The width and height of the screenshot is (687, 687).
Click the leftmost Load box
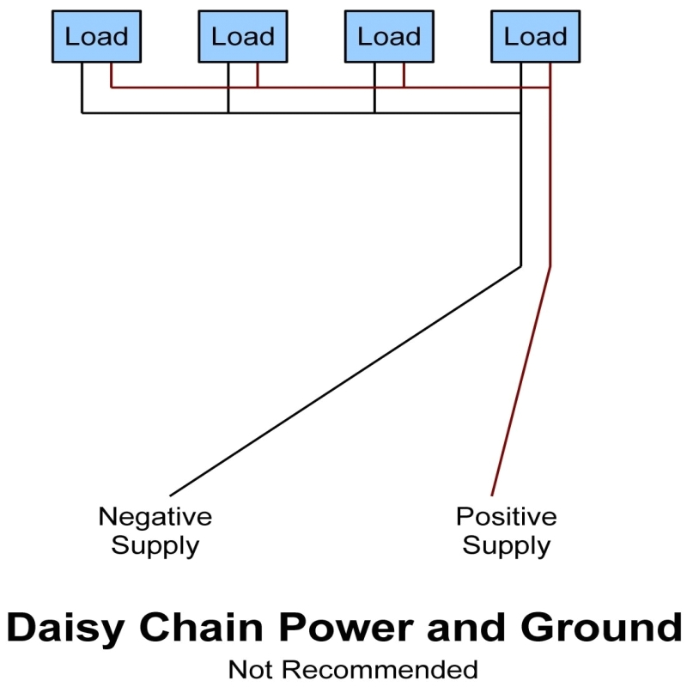coord(96,37)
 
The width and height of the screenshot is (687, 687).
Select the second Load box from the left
coord(242,37)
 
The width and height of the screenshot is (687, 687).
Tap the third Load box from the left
coord(388,37)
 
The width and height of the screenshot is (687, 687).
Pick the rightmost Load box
coord(534,37)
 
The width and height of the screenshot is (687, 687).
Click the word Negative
coord(155,517)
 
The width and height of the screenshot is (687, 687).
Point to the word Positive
coord(506,517)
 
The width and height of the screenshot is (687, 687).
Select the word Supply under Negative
coord(155,545)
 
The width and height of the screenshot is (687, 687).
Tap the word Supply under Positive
coord(506,545)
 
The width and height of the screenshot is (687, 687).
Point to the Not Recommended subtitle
coord(352,669)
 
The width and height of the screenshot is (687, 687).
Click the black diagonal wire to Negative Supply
coord(343,382)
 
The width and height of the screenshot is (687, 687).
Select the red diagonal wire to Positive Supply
coord(521,382)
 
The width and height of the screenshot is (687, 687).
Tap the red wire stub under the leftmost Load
coord(112,76)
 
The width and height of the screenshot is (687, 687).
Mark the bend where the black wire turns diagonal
coord(521,266)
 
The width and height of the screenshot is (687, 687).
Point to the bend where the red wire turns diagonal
coord(550,266)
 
